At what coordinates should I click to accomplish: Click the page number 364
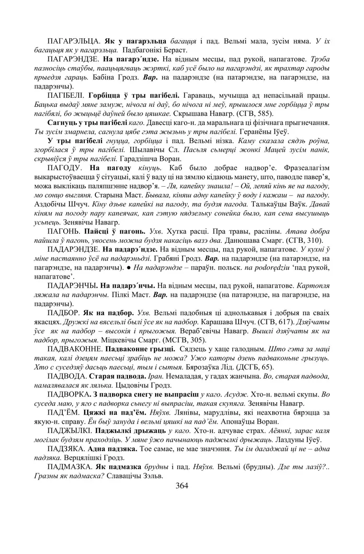click(182, 485)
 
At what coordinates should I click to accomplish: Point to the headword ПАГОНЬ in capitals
click(64, 231)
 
